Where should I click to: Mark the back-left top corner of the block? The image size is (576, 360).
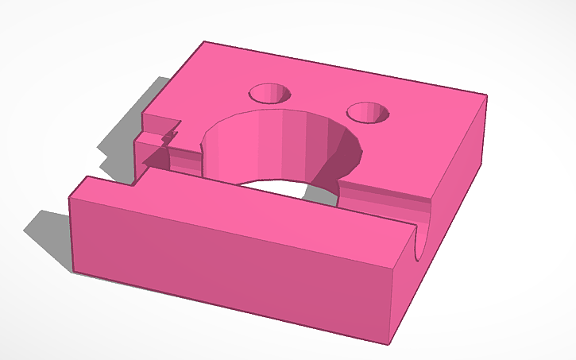click(x=204, y=42)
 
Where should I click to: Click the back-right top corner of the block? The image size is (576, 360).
click(x=485, y=96)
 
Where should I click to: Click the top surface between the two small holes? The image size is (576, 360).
click(x=318, y=99)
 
